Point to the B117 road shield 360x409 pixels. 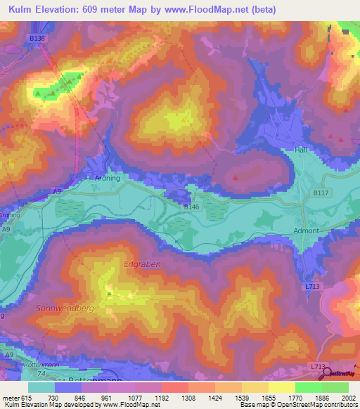[x=321, y=192]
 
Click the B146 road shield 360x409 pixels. [x=191, y=207]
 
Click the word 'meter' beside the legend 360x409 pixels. [x=11, y=398]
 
